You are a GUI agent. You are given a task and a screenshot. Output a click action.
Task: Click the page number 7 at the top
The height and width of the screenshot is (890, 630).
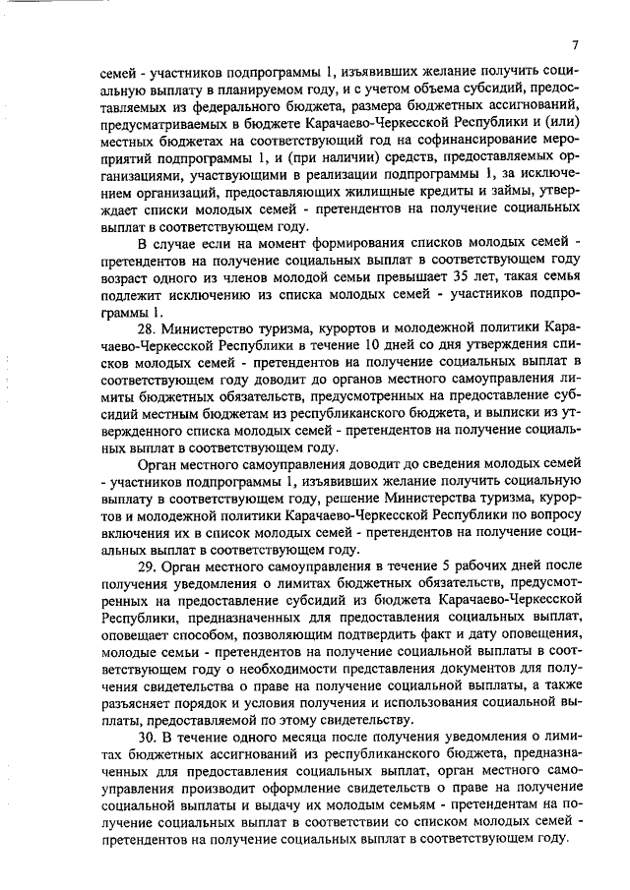(x=574, y=44)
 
